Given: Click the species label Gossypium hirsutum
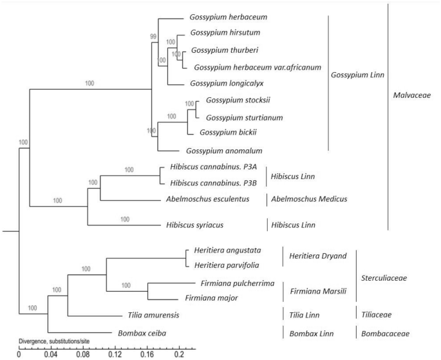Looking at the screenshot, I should pyautogui.click(x=223, y=33).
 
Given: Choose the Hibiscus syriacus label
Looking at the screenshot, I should pyautogui.click(x=196, y=225).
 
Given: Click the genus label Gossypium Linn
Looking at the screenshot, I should pyautogui.click(x=358, y=75).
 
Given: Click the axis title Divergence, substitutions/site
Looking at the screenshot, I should pyautogui.click(x=58, y=343).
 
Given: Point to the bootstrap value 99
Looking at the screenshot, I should pyautogui.click(x=153, y=37).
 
